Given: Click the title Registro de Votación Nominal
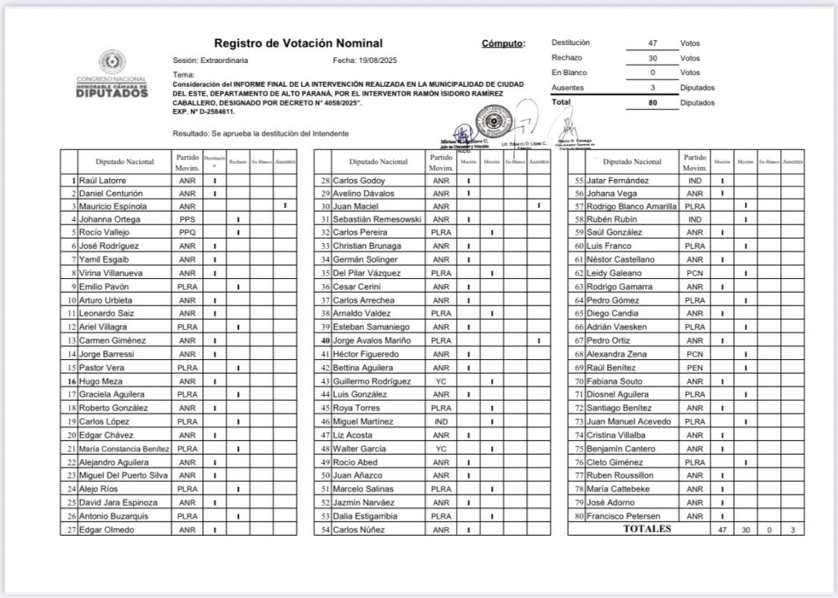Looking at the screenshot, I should pos(298,43).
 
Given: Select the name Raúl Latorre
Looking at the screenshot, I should pos(101,180).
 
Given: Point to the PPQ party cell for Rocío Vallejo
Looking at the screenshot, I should pos(187,233).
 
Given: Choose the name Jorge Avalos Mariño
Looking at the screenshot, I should pos(372,340).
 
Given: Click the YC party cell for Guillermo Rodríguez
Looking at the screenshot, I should pos(441,381).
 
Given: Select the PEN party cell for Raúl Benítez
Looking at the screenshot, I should pos(694,367).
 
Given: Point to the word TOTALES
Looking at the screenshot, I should pos(647,529).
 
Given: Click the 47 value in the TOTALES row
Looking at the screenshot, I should pos(722,530).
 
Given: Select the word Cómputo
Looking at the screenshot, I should pos(503,43).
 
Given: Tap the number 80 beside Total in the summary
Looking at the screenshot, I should pos(652,103).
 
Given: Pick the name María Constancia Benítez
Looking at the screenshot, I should pos(124,448).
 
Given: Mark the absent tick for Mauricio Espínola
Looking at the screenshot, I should pos(285,206).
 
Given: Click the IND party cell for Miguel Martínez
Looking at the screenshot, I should pos(441,421).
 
